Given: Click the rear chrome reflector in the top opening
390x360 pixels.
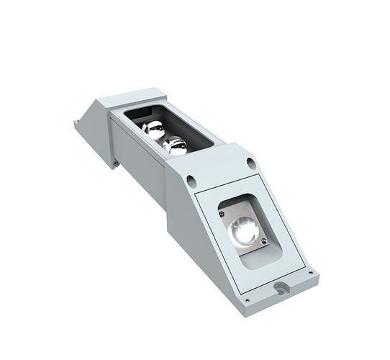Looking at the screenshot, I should coord(153,129).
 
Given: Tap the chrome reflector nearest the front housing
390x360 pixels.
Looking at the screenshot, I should coord(175,145).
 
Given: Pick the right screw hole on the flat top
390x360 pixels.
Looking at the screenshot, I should coord(250,162).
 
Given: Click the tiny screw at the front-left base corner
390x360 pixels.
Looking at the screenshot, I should coord(247,299).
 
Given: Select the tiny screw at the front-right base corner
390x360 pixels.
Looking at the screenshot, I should coord(311,274).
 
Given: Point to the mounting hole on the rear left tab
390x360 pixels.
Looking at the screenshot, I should coord(77,124).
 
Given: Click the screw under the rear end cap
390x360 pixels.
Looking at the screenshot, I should coord(115,163).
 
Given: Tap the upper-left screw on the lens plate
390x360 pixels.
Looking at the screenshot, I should coord(222,211).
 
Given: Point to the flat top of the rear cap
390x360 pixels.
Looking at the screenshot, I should coord(133,97).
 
